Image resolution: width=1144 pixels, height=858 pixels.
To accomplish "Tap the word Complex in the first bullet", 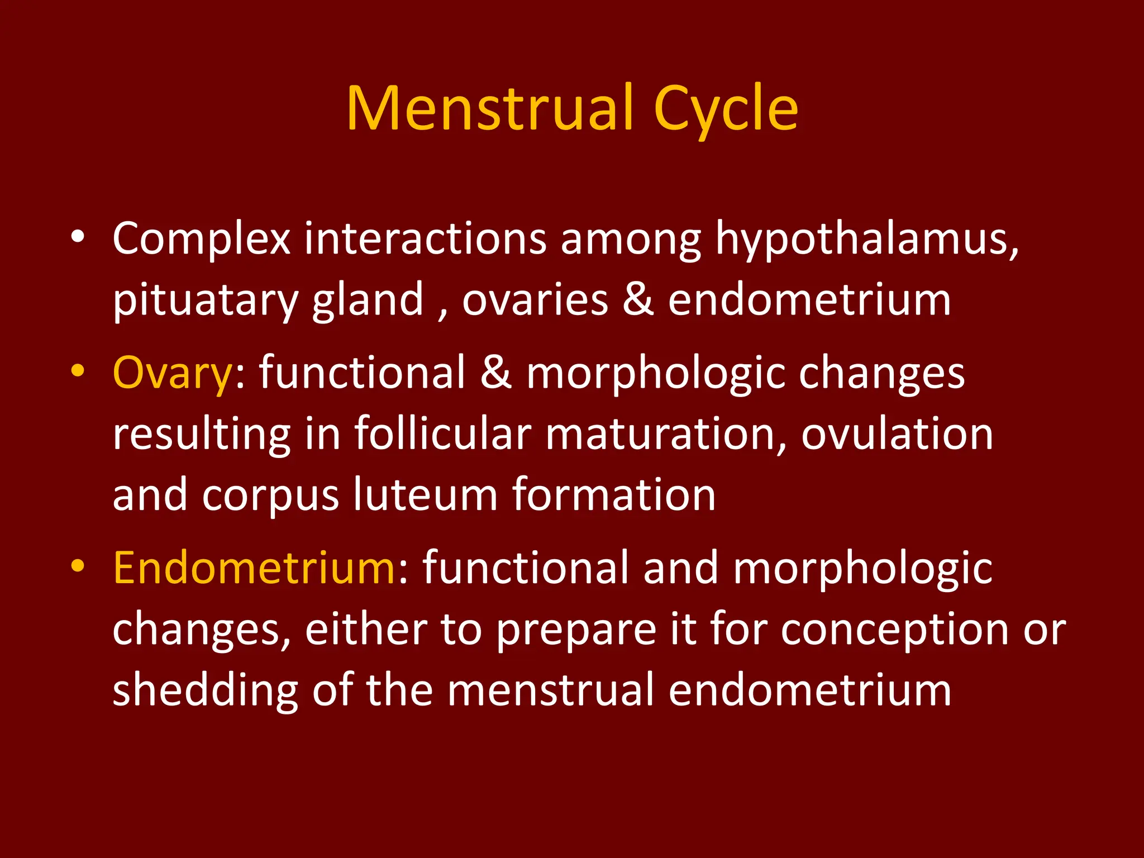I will coord(202,239).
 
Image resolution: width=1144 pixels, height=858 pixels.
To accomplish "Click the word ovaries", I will coord(535,300).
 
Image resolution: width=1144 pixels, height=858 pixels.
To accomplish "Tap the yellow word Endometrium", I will coord(254,568).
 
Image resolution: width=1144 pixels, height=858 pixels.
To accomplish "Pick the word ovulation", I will coord(897,434).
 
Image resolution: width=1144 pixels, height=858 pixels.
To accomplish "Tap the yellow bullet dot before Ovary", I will coord(78,371).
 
